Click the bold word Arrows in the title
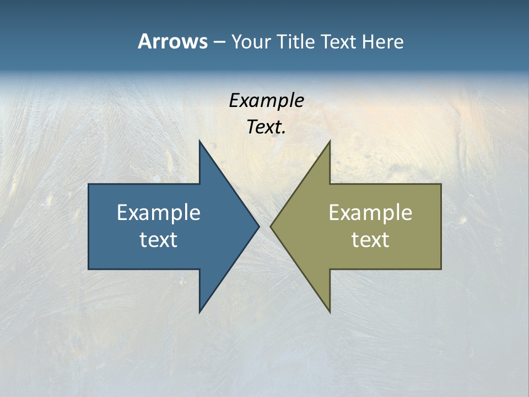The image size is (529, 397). pyautogui.click(x=172, y=41)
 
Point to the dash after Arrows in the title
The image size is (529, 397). pyautogui.click(x=219, y=42)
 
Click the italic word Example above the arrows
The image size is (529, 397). pyautogui.click(x=267, y=100)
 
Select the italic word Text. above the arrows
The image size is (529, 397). pyautogui.click(x=267, y=127)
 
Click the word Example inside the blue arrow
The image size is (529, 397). pyautogui.click(x=159, y=212)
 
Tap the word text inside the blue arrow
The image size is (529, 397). pyautogui.click(x=159, y=239)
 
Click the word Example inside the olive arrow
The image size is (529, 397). pyautogui.click(x=370, y=212)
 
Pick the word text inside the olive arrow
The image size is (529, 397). pyautogui.click(x=370, y=239)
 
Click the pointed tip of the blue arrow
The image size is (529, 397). pyautogui.click(x=259, y=226)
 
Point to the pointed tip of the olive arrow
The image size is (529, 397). pyautogui.click(x=271, y=226)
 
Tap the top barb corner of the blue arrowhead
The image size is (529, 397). pyautogui.click(x=199, y=141)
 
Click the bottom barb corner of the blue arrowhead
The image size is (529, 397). pyautogui.click(x=199, y=312)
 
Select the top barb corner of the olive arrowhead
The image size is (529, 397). pyautogui.click(x=330, y=141)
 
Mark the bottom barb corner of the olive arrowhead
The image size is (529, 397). pyautogui.click(x=330, y=312)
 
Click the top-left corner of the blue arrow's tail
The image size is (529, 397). pyautogui.click(x=89, y=184)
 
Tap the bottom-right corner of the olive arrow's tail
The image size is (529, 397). pyautogui.click(x=441, y=269)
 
